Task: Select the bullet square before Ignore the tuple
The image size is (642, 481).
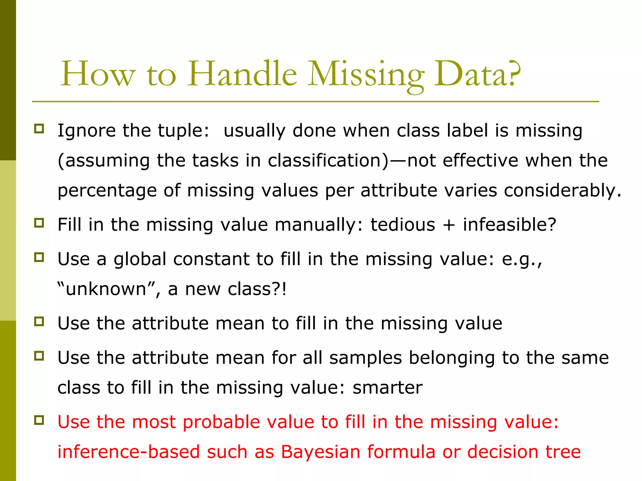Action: click(39, 128)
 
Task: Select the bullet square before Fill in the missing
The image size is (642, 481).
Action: click(39, 223)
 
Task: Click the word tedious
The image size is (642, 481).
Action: click(403, 225)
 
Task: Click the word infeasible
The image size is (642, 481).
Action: click(509, 225)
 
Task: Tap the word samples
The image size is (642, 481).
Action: click(366, 358)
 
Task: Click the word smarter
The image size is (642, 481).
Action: click(387, 388)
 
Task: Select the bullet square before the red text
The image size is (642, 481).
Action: click(39, 420)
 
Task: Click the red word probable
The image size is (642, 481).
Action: click(221, 422)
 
